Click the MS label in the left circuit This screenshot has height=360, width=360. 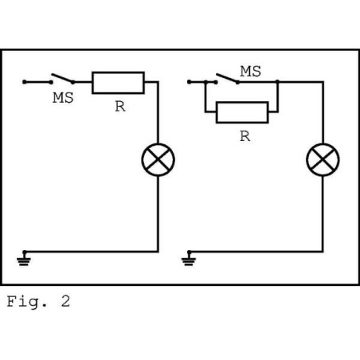click(x=63, y=99)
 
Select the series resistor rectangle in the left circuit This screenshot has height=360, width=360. click(x=119, y=82)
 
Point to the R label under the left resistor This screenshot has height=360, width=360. click(x=119, y=107)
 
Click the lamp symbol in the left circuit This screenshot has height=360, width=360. click(x=158, y=160)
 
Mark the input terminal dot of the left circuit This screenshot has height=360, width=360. click(x=25, y=81)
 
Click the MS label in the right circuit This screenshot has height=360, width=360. click(x=250, y=72)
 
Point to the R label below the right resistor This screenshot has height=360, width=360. click(x=244, y=136)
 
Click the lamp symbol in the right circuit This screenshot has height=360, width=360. click(x=323, y=160)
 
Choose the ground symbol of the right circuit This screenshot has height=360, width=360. click(x=188, y=257)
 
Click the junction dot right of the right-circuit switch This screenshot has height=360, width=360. click(x=277, y=81)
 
